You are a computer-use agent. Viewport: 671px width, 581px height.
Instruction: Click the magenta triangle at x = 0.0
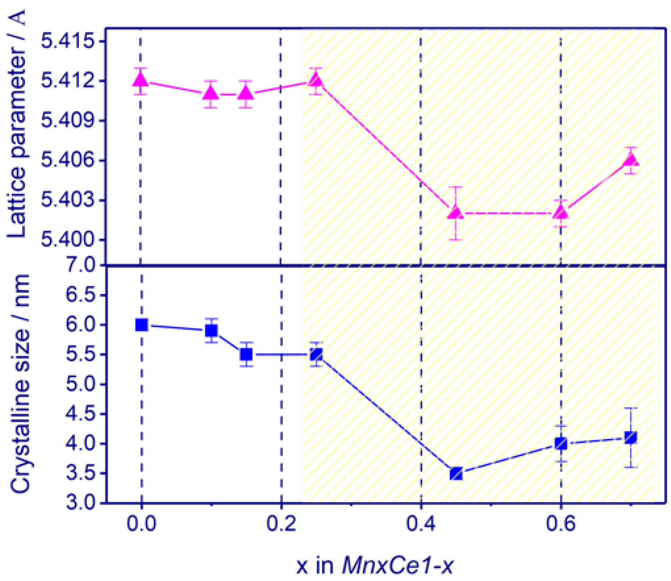tap(140, 80)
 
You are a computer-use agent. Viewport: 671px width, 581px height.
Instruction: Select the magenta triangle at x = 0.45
tap(456, 213)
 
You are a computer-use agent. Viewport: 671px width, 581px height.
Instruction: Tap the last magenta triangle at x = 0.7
tap(631, 160)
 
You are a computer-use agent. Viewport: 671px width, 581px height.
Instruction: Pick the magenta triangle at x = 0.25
tap(316, 80)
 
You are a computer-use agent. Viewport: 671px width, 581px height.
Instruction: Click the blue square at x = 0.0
tap(141, 325)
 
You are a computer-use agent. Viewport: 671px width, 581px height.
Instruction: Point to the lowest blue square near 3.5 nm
tap(457, 474)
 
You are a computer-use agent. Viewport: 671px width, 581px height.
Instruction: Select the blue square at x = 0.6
tap(561, 444)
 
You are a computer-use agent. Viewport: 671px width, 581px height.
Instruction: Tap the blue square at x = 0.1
tap(211, 330)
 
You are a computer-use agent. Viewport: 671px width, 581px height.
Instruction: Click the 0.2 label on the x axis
tap(281, 524)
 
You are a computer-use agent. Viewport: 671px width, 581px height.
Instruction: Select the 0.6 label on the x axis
tap(561, 524)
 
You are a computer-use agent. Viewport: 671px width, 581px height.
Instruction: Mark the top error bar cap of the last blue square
tap(631, 408)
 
